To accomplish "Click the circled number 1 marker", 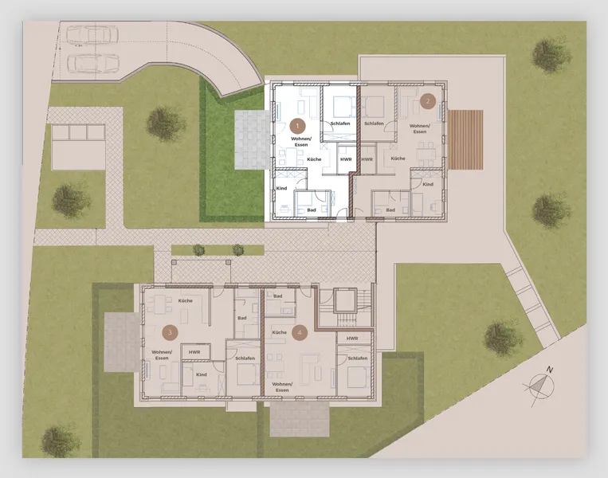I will coord(297,125).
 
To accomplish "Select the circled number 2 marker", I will coord(427,100).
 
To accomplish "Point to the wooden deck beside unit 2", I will coord(466,139).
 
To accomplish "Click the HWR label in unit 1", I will coord(346,159).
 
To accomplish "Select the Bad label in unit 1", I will coord(312,210).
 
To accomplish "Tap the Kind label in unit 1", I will coord(281,189).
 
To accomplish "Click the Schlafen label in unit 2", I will coord(375,123).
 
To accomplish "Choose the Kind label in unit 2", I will coord(428,184).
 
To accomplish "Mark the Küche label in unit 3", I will coord(186,300).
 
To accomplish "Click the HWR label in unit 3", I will coord(194,351).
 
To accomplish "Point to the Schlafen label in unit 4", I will coord(357,358).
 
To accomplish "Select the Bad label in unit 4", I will coord(278,296).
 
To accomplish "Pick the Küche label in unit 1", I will coord(314,159).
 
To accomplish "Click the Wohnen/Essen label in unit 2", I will coord(419,129).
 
